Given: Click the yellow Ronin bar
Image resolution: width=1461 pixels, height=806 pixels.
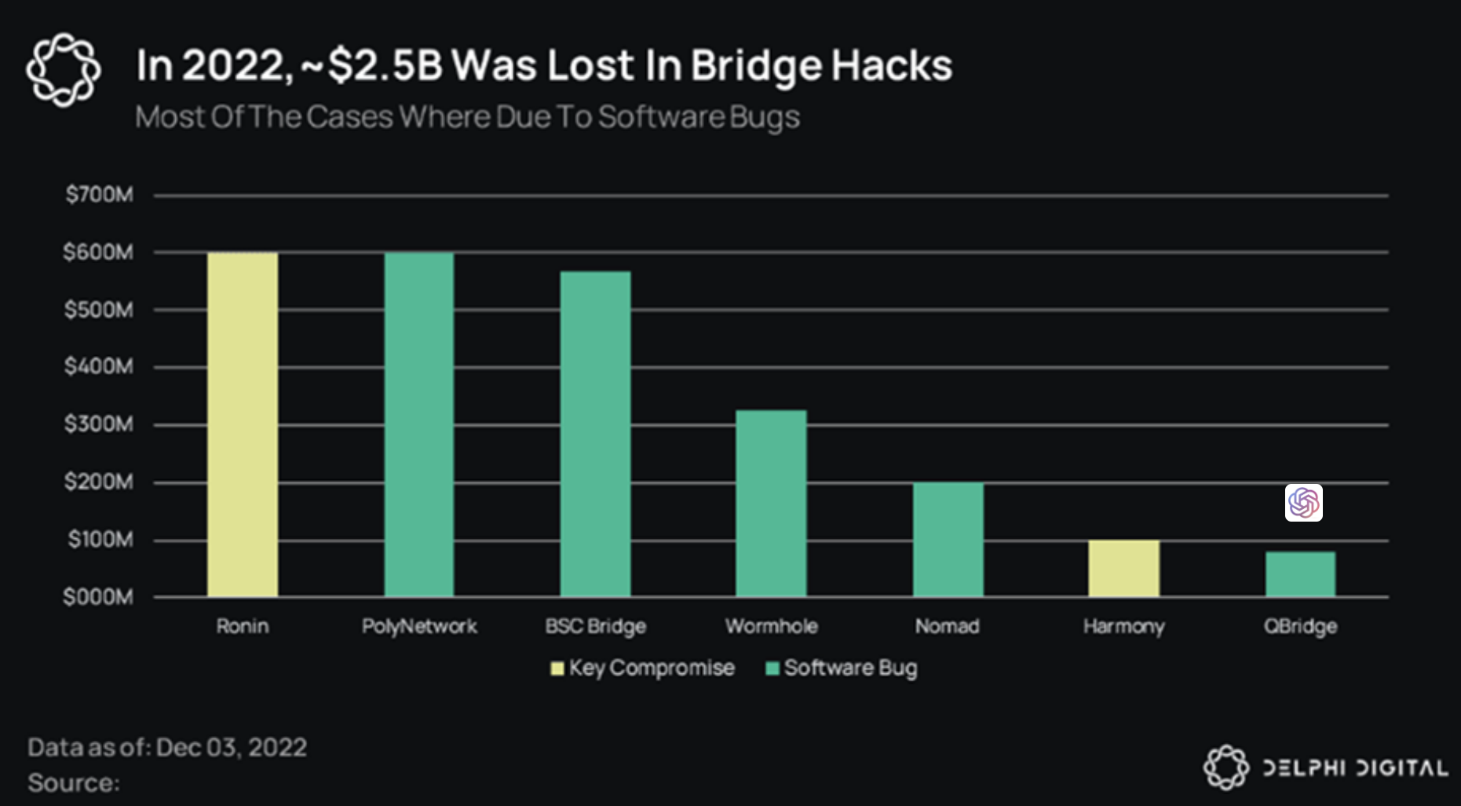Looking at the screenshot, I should pyautogui.click(x=242, y=424).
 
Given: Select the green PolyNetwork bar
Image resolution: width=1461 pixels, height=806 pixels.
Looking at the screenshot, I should pyautogui.click(x=419, y=424).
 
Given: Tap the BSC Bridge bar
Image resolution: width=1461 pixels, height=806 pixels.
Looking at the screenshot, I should pyautogui.click(x=595, y=434).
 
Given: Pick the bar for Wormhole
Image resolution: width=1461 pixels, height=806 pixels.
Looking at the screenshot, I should pyautogui.click(x=771, y=504).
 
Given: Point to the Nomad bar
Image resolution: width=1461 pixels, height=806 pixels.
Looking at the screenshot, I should pyautogui.click(x=948, y=540).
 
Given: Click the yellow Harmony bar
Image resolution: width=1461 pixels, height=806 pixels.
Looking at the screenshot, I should pyautogui.click(x=1123, y=568).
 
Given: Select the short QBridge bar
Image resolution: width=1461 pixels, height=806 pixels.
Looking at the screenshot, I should pyautogui.click(x=1300, y=574).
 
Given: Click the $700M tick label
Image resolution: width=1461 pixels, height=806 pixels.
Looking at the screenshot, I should pyautogui.click(x=100, y=194).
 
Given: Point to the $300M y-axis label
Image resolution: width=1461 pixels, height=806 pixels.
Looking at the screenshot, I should pyautogui.click(x=99, y=424).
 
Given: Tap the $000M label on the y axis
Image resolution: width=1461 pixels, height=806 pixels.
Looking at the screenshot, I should pyautogui.click(x=98, y=597).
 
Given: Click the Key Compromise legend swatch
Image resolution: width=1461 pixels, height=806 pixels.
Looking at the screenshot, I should pyautogui.click(x=557, y=669).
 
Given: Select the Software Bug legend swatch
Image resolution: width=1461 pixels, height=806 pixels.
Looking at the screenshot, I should pyautogui.click(x=773, y=669).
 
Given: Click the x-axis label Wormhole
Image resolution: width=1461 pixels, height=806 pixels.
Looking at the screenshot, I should pyautogui.click(x=771, y=626).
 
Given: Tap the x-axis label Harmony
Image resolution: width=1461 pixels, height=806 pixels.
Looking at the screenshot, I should pyautogui.click(x=1123, y=627).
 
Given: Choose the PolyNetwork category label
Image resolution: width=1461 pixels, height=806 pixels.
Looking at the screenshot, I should pyautogui.click(x=419, y=626).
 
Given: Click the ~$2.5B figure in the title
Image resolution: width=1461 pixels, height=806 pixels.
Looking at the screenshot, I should pyautogui.click(x=372, y=65).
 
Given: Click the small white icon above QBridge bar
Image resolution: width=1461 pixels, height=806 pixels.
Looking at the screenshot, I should pyautogui.click(x=1303, y=503).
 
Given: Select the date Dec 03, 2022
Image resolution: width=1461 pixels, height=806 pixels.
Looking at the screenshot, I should pyautogui.click(x=231, y=747).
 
